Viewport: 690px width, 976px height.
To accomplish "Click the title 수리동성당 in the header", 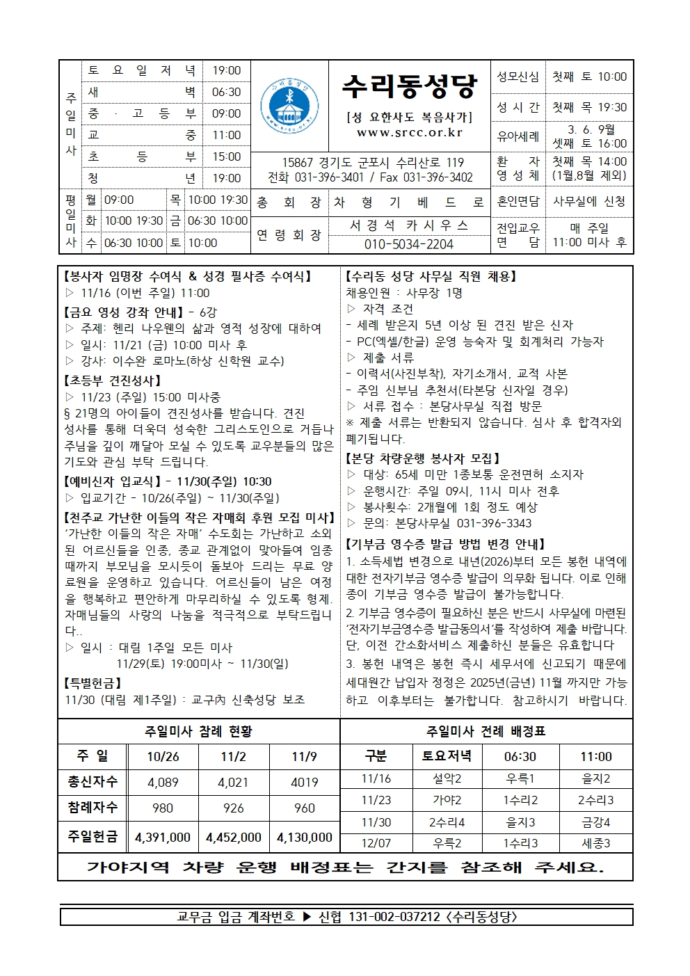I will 409,86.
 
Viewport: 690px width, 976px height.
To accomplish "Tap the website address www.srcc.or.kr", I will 409,133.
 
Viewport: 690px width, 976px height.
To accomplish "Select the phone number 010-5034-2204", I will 409,244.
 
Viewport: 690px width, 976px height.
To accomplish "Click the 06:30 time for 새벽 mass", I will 226,92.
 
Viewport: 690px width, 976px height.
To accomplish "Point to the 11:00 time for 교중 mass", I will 226,135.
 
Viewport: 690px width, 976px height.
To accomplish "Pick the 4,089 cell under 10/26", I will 163,782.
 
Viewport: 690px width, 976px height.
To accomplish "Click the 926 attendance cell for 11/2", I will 234,808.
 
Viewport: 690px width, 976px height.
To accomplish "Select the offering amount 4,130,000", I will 305,838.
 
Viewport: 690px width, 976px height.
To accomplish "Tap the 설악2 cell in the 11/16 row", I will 447,779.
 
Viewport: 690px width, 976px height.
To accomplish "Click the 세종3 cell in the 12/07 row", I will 596,843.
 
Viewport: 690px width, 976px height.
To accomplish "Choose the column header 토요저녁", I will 447,756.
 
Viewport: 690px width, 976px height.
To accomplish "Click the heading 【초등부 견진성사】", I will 113,381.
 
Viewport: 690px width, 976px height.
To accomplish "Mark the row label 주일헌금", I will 93,836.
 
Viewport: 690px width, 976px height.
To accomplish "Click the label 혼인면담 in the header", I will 518,202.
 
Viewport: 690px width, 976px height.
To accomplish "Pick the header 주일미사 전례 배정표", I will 486,731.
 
